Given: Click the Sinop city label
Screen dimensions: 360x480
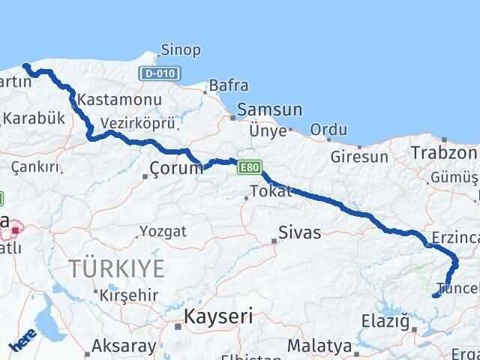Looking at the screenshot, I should coord(181,51).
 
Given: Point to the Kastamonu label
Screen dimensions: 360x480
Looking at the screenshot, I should coord(109,100).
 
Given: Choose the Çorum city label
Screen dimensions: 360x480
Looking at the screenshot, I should coord(177,169).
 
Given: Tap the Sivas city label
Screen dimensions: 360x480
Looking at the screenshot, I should coord(299,232).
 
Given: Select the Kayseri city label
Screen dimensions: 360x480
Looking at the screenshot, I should coord(220,316).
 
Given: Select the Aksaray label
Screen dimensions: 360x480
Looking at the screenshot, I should coord(124,346).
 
